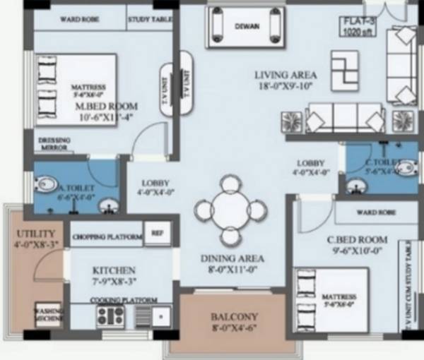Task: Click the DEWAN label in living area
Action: (x=246, y=28)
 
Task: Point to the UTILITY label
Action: (x=30, y=232)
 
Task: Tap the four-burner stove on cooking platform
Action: (x=111, y=316)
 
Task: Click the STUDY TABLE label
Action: (x=151, y=20)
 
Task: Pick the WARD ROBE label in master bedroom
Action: (x=79, y=20)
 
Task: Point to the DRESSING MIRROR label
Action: (x=54, y=144)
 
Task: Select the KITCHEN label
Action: (x=114, y=270)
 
